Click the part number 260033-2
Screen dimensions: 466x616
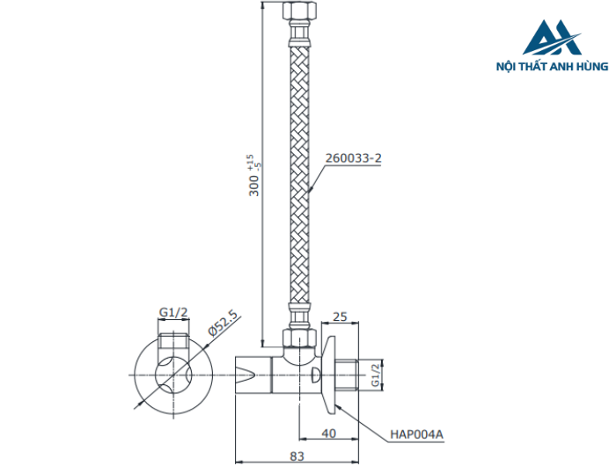point(353,158)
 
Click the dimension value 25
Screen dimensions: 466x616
point(341,316)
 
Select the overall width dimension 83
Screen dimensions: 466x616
point(296,455)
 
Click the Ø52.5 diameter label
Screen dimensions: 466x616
point(224,323)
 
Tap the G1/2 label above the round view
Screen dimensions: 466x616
point(173,312)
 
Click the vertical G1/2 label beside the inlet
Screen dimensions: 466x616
point(376,374)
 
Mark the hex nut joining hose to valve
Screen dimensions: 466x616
point(297,338)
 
